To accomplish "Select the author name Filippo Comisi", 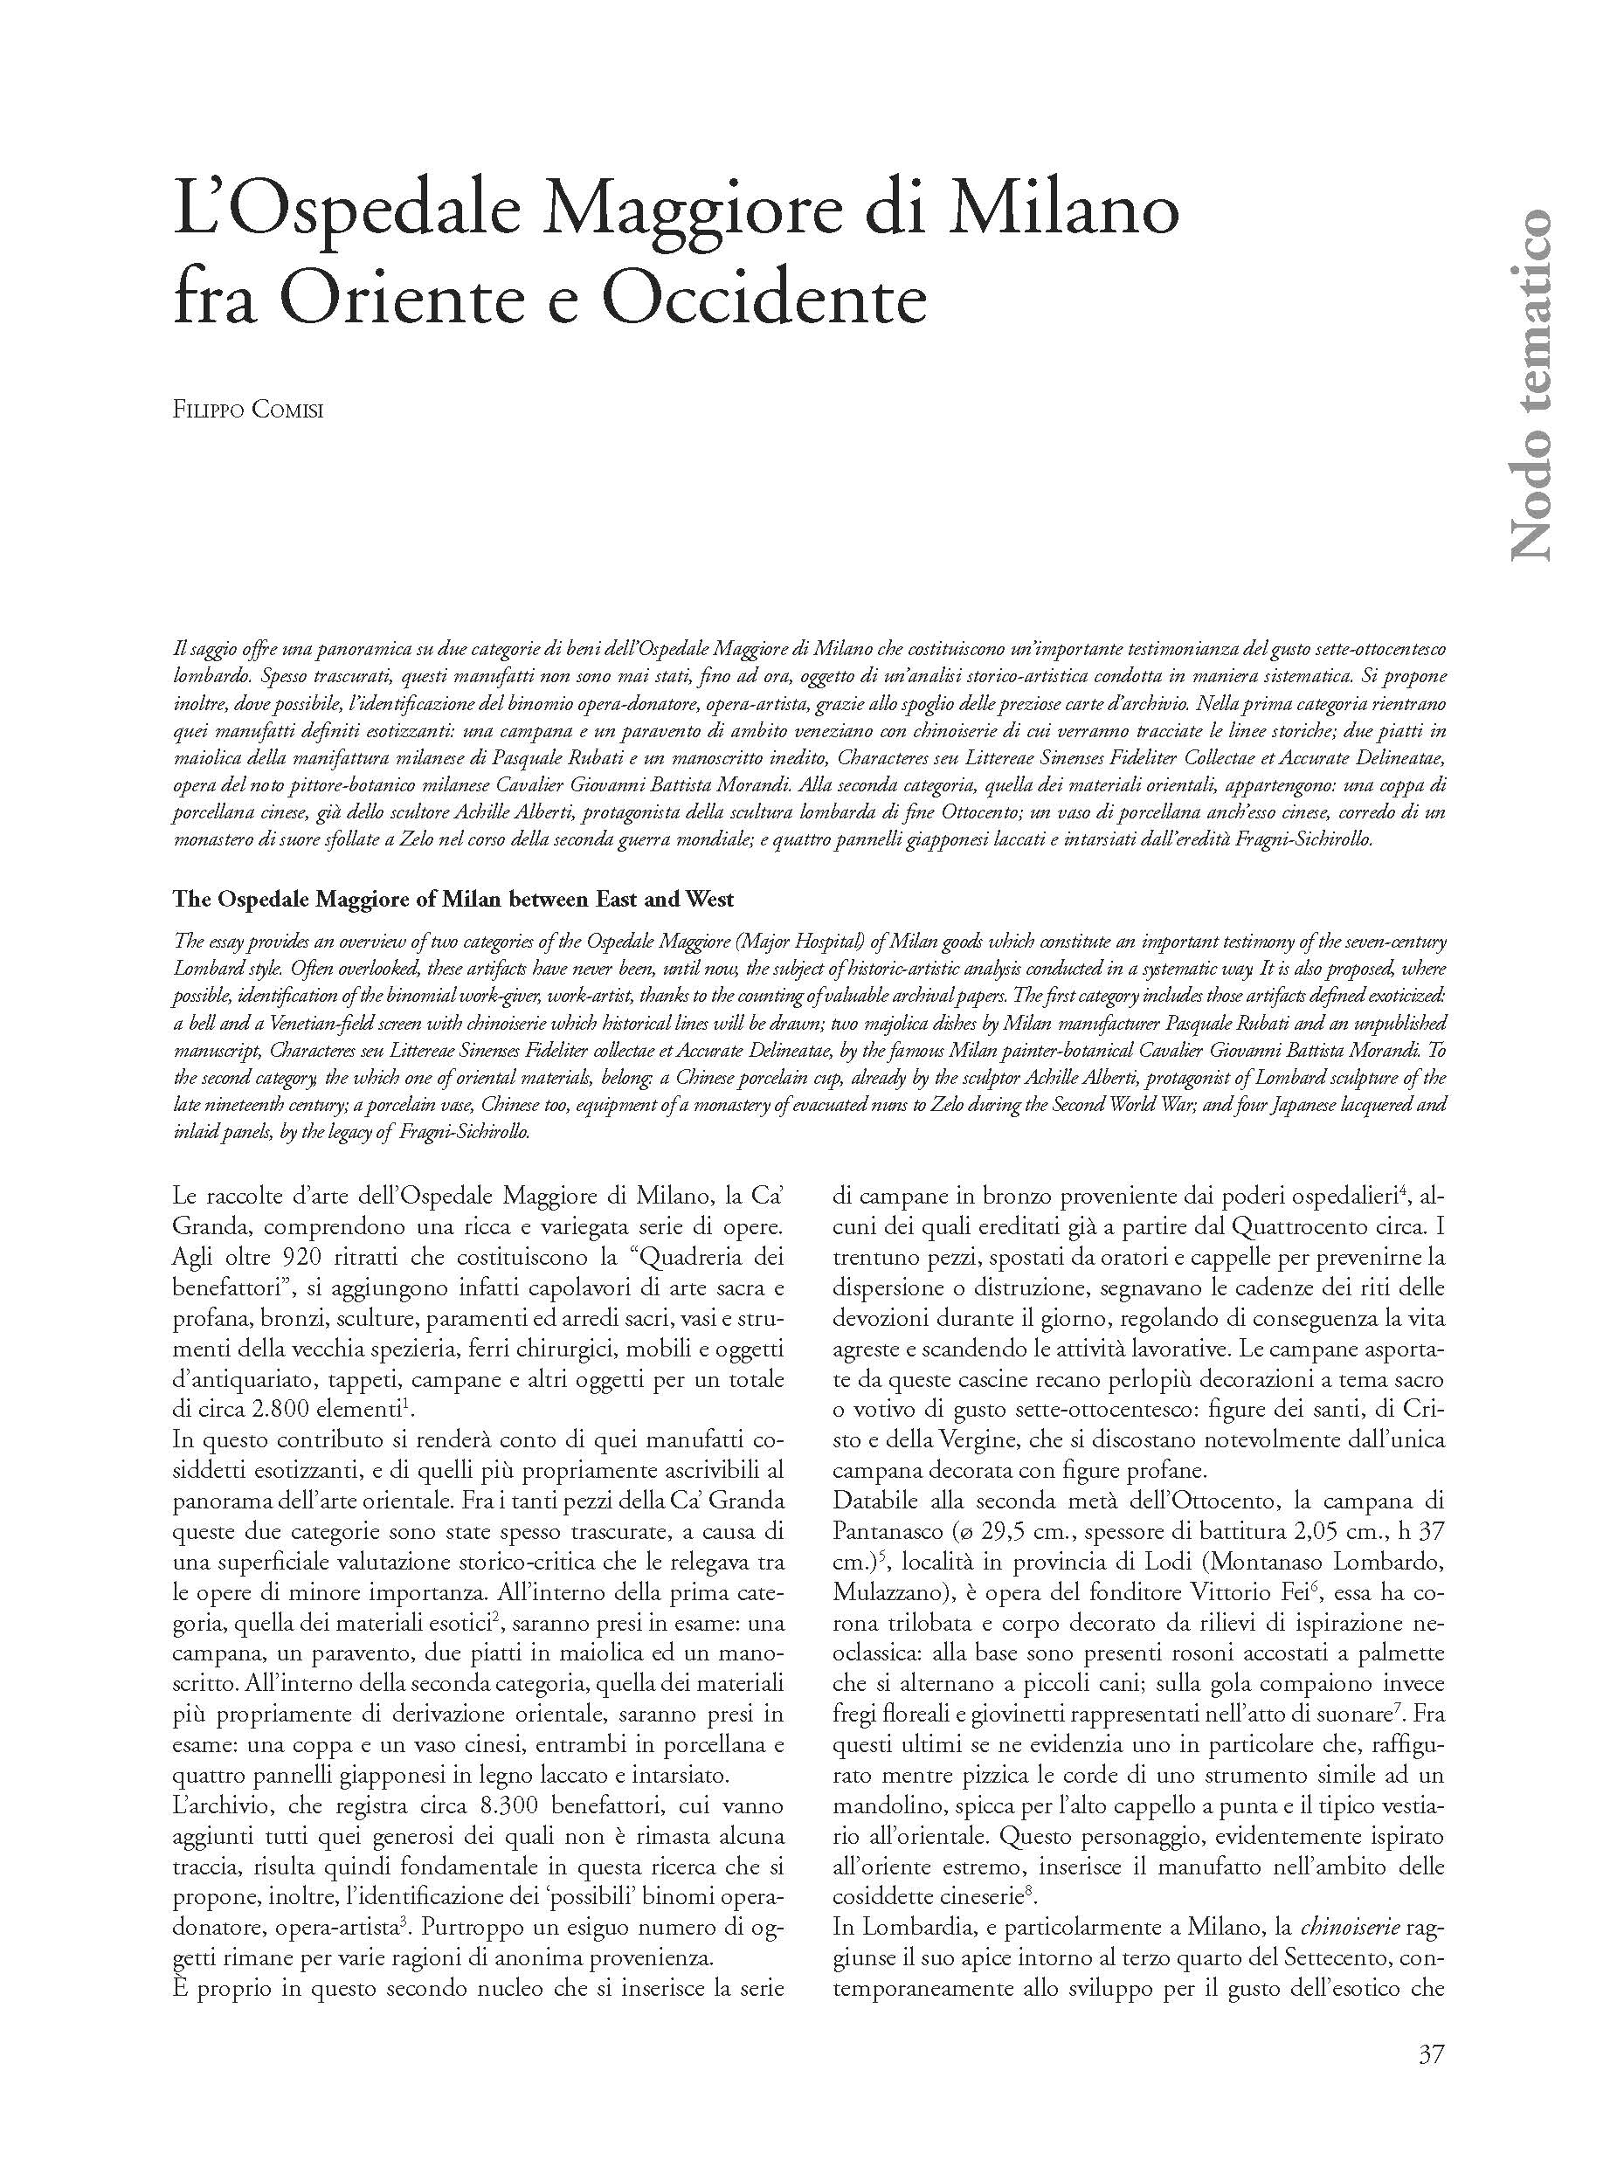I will coord(247,409).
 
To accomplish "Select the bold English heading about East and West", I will coord(453,899).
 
